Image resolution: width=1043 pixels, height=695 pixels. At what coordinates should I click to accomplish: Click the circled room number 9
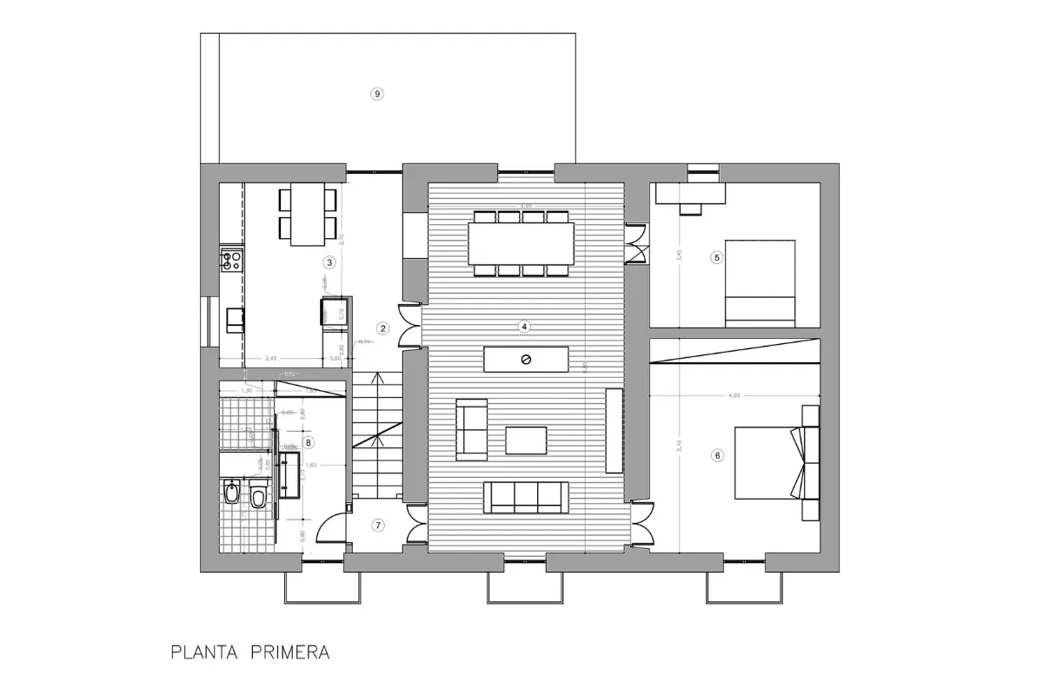click(x=376, y=94)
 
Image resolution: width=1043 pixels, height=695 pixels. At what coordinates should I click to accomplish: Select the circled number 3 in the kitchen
click(x=329, y=261)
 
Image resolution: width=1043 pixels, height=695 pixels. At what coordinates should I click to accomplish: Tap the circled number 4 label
click(x=524, y=327)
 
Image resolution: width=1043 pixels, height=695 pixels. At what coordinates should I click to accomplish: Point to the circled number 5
click(x=716, y=257)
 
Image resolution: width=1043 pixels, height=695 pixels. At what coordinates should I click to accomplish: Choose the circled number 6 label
click(x=717, y=454)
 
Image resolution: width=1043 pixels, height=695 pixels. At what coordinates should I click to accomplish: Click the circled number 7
click(x=377, y=525)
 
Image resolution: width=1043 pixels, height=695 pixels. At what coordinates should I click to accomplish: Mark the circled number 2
click(x=382, y=328)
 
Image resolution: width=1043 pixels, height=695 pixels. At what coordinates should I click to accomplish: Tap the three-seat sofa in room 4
click(x=521, y=497)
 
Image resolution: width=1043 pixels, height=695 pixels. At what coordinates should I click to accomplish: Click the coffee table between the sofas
click(x=526, y=440)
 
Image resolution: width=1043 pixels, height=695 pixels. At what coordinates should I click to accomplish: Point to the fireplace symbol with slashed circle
click(x=526, y=360)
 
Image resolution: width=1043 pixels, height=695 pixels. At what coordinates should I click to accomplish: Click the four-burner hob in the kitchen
click(x=231, y=259)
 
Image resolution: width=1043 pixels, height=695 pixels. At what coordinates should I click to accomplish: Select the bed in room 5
click(x=761, y=282)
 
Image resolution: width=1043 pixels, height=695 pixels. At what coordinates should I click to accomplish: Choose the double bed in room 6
click(x=769, y=462)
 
